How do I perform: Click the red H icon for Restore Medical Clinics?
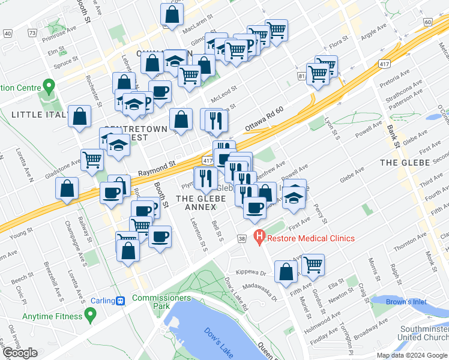click(x=259, y=238)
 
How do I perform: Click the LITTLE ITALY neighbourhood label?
click(x=37, y=114)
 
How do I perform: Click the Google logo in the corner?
click(x=20, y=353)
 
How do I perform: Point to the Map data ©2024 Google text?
click(x=412, y=355)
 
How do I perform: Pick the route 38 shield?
click(x=242, y=238)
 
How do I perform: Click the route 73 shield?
click(x=32, y=32)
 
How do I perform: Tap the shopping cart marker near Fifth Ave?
click(x=313, y=265)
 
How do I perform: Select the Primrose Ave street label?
click(x=62, y=28)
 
